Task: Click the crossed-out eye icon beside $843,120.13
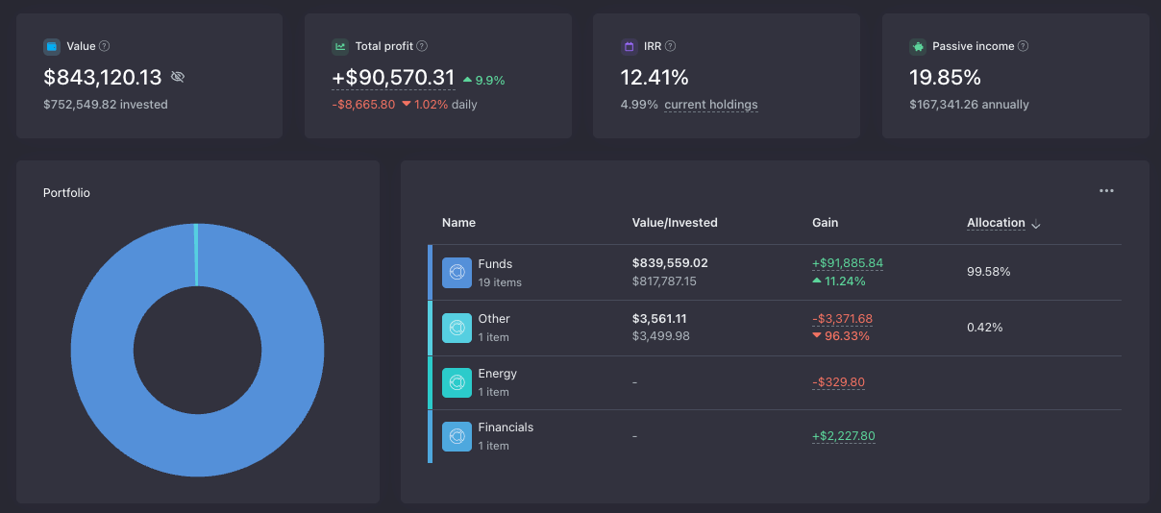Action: (178, 77)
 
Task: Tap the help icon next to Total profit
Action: (422, 46)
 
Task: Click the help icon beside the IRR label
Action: (670, 46)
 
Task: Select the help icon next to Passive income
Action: (1023, 46)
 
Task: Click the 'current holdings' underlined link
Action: (711, 104)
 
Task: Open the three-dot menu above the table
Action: (1106, 190)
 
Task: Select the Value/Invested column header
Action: (675, 222)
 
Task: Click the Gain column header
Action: (825, 222)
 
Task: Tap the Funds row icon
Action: (457, 272)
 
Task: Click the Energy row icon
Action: (457, 382)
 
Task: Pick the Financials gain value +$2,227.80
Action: (843, 436)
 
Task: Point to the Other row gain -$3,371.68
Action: (842, 319)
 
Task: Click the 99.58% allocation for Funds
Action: (988, 272)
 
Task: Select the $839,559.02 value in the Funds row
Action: (670, 262)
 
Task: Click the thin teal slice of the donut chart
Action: (196, 255)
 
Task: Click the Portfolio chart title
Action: (66, 193)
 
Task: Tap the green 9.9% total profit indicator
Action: (484, 81)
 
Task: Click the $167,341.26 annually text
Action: (969, 104)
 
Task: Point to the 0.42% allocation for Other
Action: (985, 327)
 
